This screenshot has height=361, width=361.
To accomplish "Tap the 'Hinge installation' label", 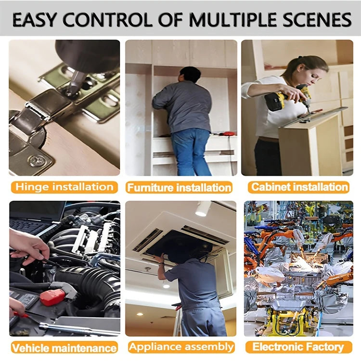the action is pyautogui.click(x=64, y=187).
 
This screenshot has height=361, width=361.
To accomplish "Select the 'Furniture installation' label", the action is pyautogui.click(x=179, y=187).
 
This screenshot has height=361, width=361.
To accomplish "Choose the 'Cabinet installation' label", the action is pyautogui.click(x=298, y=187).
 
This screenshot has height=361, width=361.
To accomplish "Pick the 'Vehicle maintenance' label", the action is pyautogui.click(x=64, y=348).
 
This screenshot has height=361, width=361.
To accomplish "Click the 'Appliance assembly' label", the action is pyautogui.click(x=181, y=347).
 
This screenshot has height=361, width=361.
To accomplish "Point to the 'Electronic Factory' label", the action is pyautogui.click(x=298, y=347).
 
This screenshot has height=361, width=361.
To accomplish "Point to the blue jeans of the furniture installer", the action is pyautogui.click(x=191, y=152).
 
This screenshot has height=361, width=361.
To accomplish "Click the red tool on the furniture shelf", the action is pyautogui.click(x=228, y=133).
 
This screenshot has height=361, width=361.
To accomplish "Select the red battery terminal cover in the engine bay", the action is pyautogui.click(x=52, y=297).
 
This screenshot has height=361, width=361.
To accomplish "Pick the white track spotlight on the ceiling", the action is pyautogui.click(x=203, y=208).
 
